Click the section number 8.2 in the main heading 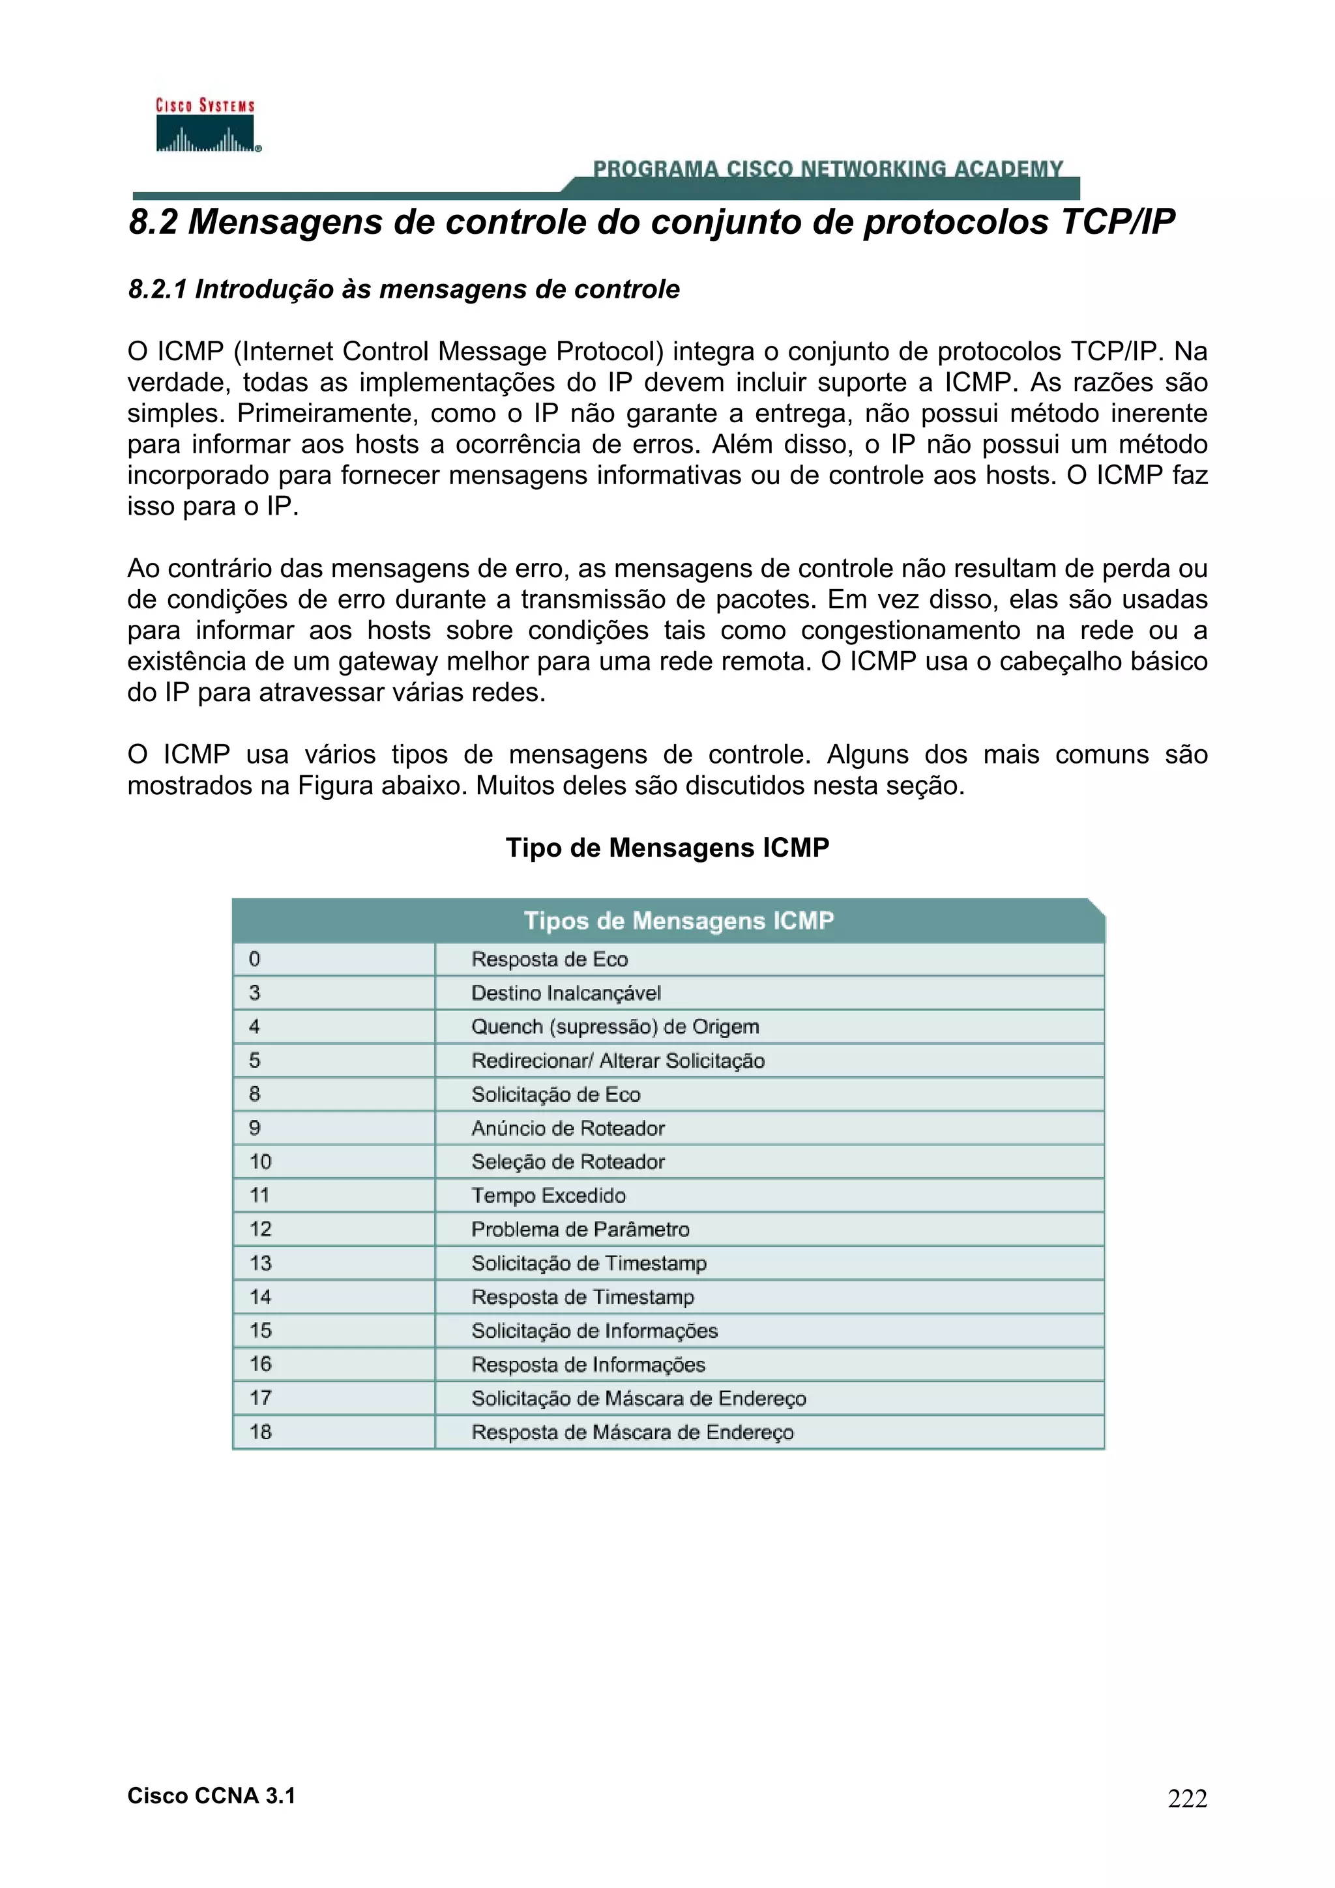[x=153, y=222]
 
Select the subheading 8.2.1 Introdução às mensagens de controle [x=403, y=289]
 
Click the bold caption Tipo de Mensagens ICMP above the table [x=667, y=848]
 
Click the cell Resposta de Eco [x=550, y=960]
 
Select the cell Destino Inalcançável [x=566, y=994]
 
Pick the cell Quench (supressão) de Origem [x=615, y=1027]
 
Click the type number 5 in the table [x=255, y=1061]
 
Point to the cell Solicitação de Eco [x=555, y=1094]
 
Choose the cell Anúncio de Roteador [x=568, y=1128]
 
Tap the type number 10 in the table [x=260, y=1162]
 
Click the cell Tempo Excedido [x=549, y=1195]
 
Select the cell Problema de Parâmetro [x=580, y=1229]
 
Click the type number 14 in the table [x=260, y=1296]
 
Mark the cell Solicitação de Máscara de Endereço [x=638, y=1398]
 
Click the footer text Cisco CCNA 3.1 [x=211, y=1796]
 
